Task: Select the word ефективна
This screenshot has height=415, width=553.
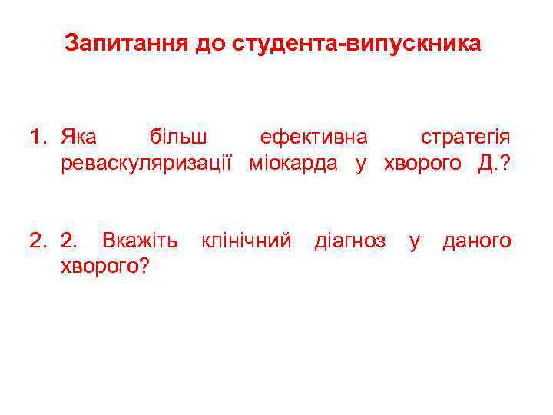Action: (313, 138)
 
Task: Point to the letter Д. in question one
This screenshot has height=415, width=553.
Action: (485, 163)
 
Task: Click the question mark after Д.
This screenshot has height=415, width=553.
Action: (505, 163)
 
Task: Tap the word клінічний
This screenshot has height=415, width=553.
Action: (246, 241)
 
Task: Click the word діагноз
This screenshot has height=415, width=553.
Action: (350, 241)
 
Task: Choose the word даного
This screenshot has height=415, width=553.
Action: (476, 241)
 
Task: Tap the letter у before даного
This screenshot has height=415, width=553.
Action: (415, 243)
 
